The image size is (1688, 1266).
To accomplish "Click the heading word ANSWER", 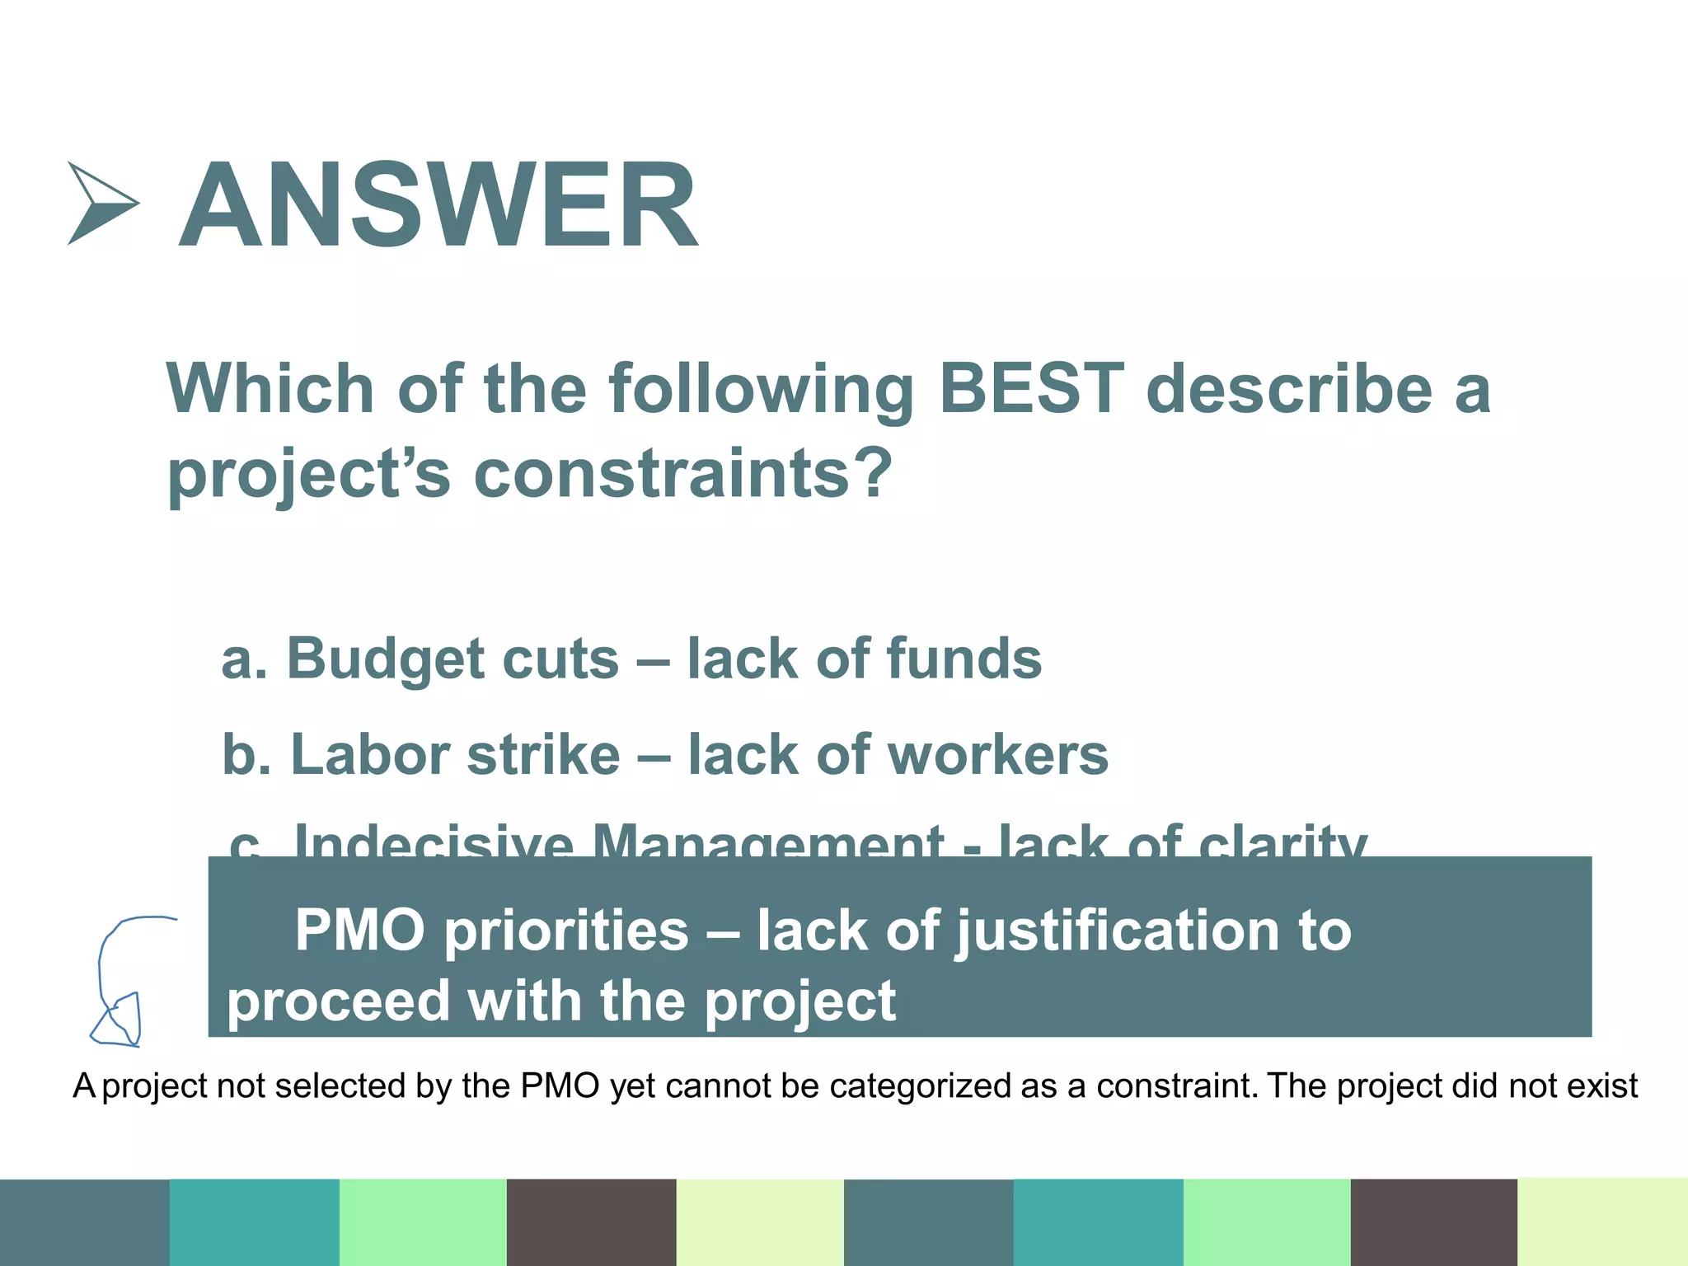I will click(x=438, y=205).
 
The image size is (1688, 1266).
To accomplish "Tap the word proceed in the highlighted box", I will click(x=338, y=1001).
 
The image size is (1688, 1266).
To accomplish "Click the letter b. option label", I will click(x=246, y=755).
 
